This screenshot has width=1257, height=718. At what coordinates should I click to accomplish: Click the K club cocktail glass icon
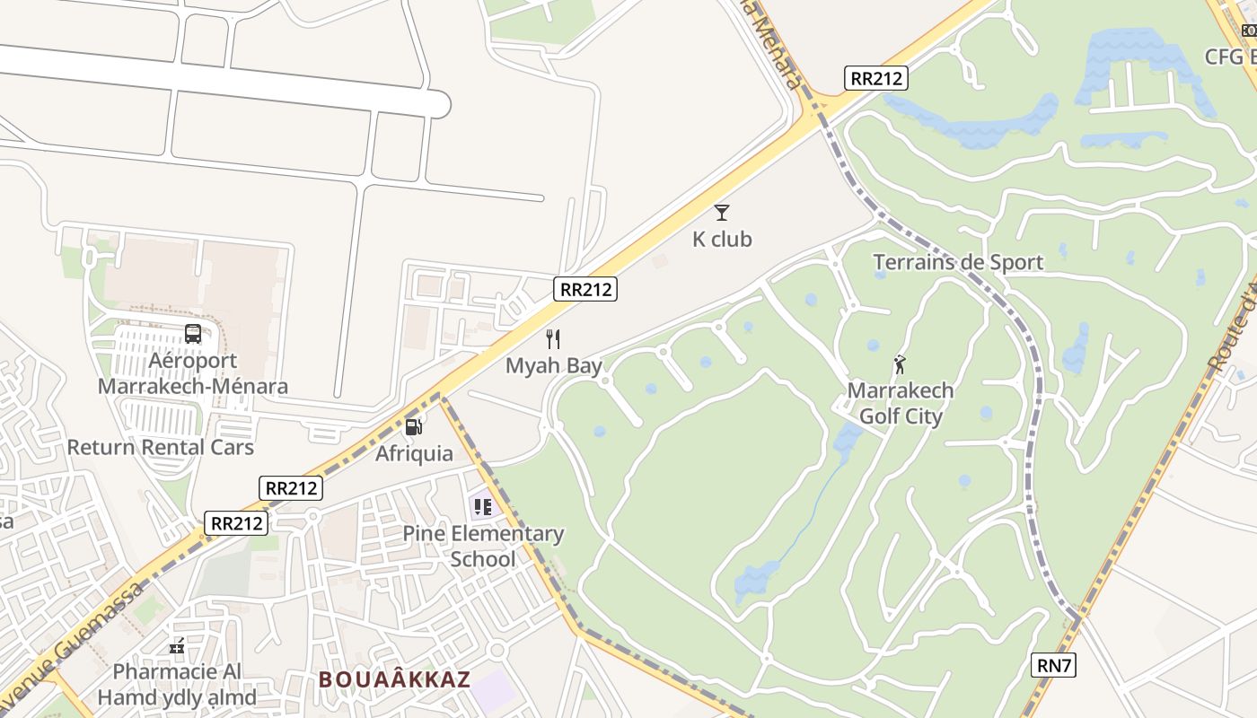click(x=721, y=213)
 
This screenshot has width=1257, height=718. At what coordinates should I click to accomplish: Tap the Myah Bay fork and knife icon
click(x=553, y=339)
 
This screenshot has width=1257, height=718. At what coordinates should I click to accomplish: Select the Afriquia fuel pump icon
click(x=413, y=427)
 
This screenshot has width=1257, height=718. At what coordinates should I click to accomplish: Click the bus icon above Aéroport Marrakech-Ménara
click(x=193, y=334)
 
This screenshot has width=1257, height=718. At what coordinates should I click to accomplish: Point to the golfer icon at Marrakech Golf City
click(x=900, y=364)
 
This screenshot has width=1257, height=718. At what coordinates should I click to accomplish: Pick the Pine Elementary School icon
click(x=483, y=507)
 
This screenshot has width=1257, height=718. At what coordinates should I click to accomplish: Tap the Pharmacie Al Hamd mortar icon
click(x=177, y=645)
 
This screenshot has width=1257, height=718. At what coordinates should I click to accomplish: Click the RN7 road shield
click(x=1054, y=665)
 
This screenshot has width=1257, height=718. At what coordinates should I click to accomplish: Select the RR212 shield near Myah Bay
click(x=586, y=289)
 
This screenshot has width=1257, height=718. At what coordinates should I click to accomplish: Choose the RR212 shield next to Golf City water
click(x=876, y=78)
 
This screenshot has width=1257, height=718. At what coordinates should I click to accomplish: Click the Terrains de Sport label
click(x=958, y=262)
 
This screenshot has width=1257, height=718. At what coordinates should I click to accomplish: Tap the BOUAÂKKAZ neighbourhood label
click(x=394, y=679)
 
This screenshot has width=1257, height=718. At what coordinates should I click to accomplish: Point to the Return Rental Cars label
click(x=161, y=447)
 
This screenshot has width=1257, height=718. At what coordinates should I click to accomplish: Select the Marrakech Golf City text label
click(x=901, y=404)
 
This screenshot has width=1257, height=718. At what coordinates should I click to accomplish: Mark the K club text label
click(x=722, y=240)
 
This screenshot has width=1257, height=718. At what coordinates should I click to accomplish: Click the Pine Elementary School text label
click(x=483, y=547)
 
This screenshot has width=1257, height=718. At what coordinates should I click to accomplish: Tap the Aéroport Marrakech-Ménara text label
click(x=193, y=373)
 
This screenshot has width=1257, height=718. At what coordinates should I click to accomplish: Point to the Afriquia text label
click(x=414, y=453)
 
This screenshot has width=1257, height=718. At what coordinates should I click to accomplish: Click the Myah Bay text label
click(x=554, y=365)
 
